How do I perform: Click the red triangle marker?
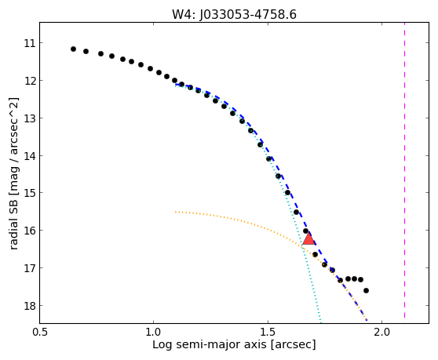click(x=308, y=238)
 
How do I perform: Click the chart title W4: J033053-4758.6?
click(x=234, y=15)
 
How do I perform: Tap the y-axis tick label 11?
click(x=30, y=43)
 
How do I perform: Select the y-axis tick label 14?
click(x=30, y=156)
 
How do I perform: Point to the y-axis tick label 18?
click(x=30, y=306)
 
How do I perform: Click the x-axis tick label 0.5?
click(x=40, y=333)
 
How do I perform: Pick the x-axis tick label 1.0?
click(x=154, y=333)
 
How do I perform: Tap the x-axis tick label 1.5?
click(x=268, y=333)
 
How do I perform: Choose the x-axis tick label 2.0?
click(x=381, y=333)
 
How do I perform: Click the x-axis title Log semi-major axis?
click(x=210, y=345)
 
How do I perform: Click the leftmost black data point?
click(x=74, y=49)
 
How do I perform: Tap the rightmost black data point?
click(x=367, y=290)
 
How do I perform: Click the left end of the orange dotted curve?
click(x=175, y=212)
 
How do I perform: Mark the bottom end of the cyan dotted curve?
click(x=321, y=322)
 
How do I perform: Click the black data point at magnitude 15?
click(x=288, y=193)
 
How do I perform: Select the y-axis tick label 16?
click(x=30, y=231)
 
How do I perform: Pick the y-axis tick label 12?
click(x=30, y=81)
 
